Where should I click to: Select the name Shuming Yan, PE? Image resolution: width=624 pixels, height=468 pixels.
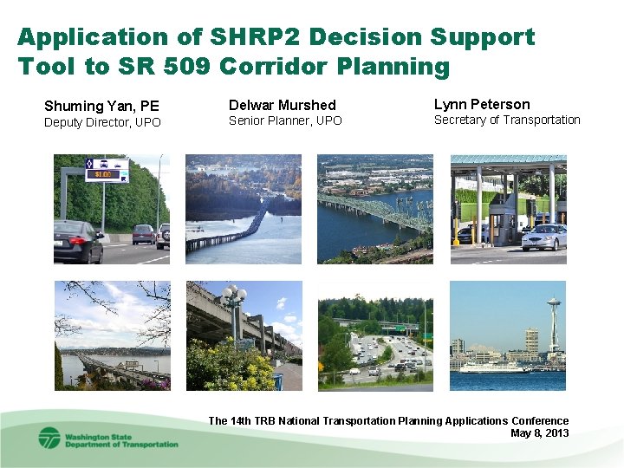click(x=101, y=106)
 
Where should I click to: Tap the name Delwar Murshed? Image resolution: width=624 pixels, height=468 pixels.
click(x=282, y=105)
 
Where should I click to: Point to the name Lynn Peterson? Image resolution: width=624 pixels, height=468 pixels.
click(x=481, y=104)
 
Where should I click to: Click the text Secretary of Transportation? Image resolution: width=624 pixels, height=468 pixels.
click(x=506, y=120)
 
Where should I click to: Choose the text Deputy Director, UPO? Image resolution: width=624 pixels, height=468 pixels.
click(x=102, y=122)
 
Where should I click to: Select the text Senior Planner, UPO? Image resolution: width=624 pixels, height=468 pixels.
click(x=285, y=120)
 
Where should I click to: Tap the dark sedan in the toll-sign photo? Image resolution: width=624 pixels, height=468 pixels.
click(x=77, y=241)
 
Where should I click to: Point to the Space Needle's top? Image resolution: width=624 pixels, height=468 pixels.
click(x=552, y=304)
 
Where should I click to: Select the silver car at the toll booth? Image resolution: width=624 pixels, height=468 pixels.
click(x=544, y=237)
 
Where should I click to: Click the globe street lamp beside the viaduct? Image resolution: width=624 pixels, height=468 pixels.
click(x=233, y=299)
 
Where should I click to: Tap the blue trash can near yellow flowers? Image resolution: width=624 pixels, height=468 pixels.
click(x=277, y=380)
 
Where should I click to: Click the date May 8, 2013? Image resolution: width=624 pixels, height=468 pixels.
click(x=539, y=433)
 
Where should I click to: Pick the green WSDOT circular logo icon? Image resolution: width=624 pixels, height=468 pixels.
click(x=49, y=438)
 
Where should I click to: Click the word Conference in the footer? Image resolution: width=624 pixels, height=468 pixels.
click(x=540, y=421)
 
